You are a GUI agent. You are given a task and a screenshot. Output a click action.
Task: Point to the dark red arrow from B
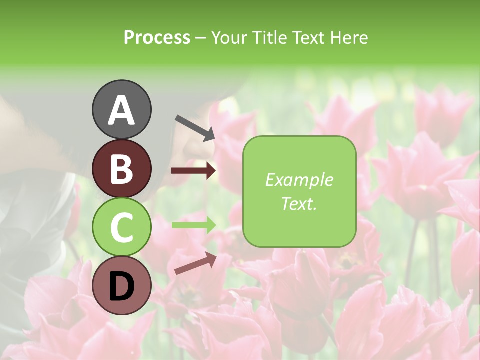tap(193, 171)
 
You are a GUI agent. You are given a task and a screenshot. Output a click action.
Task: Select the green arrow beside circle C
tap(193, 225)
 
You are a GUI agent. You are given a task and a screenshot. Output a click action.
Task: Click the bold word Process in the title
tap(157, 37)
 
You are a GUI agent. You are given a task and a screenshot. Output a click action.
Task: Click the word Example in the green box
tap(299, 180)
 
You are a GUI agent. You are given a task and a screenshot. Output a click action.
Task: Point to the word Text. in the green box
tap(299, 203)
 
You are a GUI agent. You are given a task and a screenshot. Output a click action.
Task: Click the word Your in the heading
tap(229, 37)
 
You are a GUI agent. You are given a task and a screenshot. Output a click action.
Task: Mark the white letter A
tap(122, 111)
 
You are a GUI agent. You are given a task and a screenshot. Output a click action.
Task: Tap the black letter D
tap(122, 286)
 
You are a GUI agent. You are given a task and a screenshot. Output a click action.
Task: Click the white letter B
tap(122, 169)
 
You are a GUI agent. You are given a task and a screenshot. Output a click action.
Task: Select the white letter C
tap(122, 228)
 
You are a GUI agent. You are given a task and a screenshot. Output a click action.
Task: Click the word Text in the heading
tap(308, 37)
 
